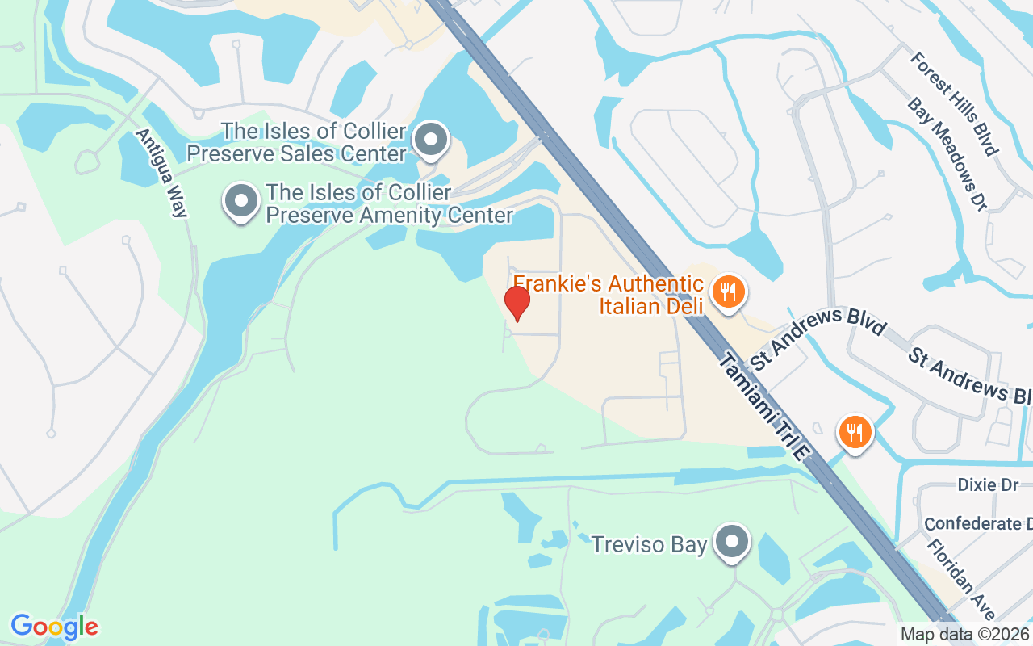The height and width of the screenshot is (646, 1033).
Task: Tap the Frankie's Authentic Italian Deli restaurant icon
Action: [728, 291]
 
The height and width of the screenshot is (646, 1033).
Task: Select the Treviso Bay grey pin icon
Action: [733, 543]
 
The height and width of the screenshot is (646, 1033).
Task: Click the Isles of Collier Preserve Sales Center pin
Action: [431, 141]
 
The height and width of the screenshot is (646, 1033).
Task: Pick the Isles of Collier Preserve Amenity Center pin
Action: [240, 202]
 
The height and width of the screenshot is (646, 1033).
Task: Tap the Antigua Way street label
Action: [162, 173]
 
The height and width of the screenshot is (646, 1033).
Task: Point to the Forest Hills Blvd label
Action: [954, 103]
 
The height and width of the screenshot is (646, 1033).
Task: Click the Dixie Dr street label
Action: [988, 484]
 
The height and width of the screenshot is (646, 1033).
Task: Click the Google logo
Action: [54, 627]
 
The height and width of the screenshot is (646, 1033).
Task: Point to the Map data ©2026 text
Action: [964, 635]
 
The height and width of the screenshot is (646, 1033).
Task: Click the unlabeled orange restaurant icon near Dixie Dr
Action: [854, 432]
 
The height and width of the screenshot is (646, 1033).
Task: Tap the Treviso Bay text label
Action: [649, 544]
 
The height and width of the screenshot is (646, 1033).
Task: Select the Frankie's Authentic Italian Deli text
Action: [609, 294]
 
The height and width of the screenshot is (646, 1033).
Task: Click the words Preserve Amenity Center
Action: [389, 216]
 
